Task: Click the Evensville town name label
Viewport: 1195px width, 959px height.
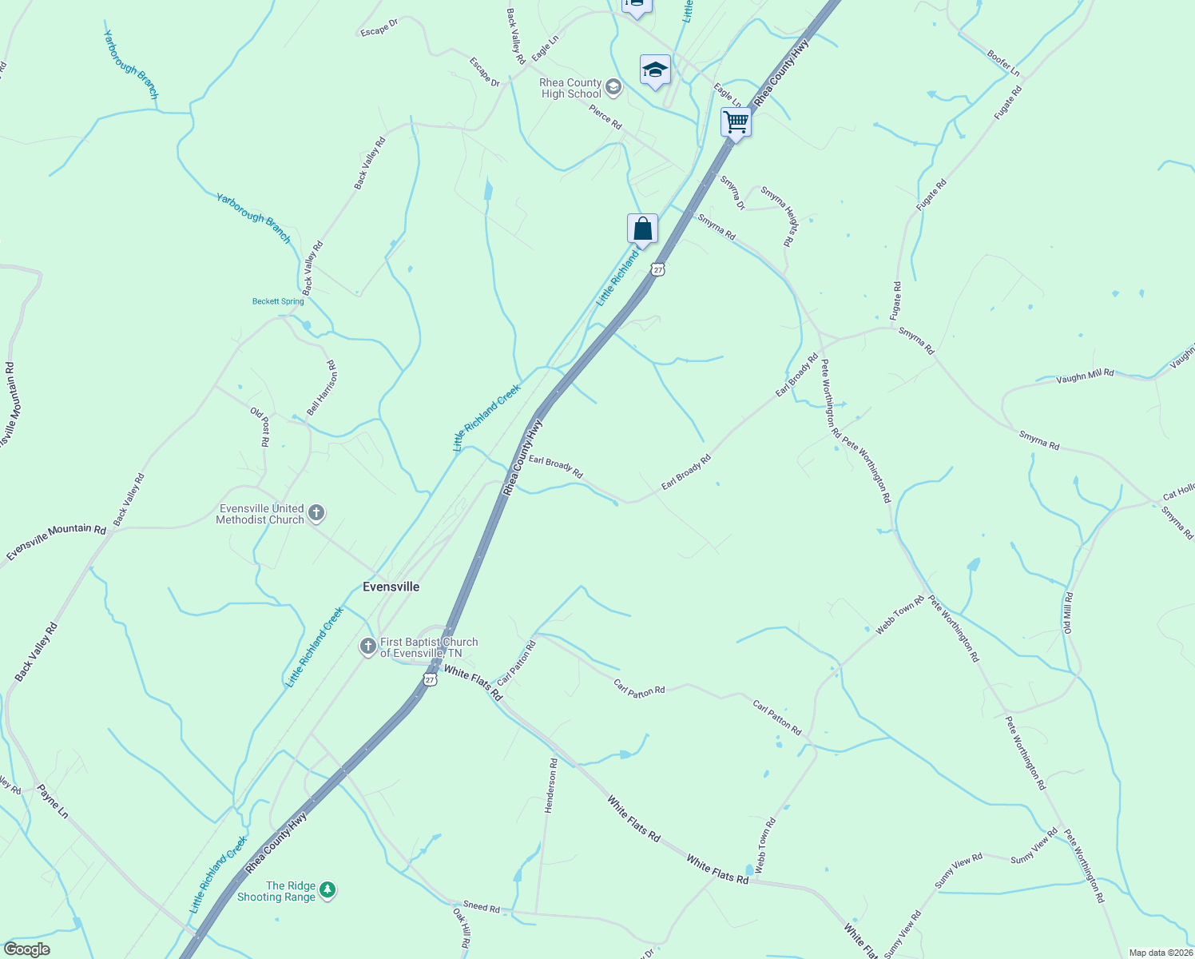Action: coord(391,587)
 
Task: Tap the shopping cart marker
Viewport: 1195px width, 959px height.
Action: coord(736,123)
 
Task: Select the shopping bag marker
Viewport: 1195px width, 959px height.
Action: coord(642,229)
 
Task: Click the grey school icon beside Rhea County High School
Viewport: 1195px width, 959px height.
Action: coord(613,87)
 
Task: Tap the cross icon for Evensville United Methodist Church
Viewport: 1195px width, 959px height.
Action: coord(316,513)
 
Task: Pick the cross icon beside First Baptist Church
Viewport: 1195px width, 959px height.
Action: coord(367,647)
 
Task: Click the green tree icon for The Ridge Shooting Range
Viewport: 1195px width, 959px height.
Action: coord(327,889)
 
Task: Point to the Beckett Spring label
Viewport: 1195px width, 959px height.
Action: coord(278,301)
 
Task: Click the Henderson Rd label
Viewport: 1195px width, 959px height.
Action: coord(550,786)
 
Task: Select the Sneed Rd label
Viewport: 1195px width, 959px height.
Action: coord(481,906)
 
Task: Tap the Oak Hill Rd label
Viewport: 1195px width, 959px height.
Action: coord(462,927)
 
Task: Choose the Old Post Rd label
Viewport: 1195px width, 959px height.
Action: coord(260,427)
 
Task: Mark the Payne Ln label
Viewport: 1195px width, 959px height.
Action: coord(53,801)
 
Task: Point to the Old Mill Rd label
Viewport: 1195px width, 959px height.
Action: coord(1068,613)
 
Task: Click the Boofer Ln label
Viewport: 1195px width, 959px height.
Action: coord(1003,63)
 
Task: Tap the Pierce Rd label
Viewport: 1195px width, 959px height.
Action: coord(605,117)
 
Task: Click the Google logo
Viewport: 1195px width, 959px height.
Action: coord(26,949)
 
